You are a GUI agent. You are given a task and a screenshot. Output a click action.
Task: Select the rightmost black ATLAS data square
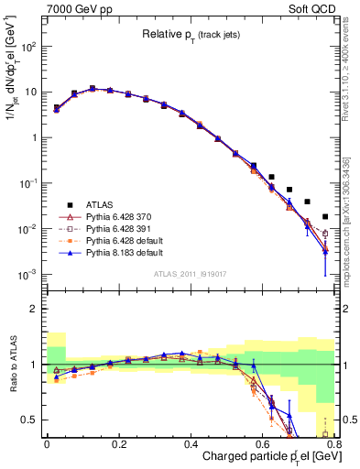point(325,217)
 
